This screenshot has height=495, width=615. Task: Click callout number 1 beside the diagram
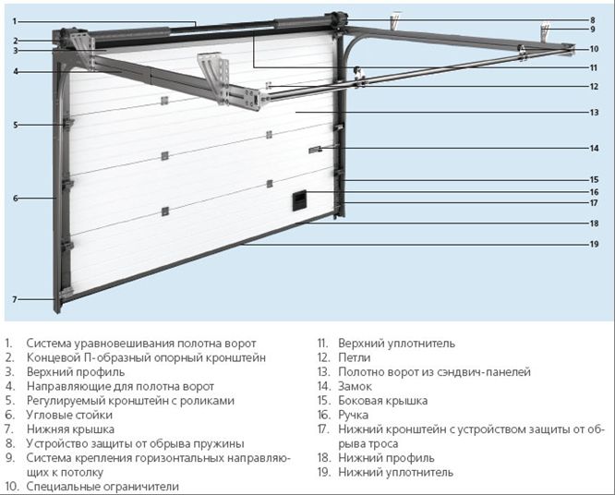(x=16, y=20)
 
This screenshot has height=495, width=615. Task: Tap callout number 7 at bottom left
(x=16, y=298)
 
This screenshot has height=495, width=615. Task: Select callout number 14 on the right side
(x=594, y=148)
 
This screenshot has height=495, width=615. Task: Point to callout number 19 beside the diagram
(x=594, y=244)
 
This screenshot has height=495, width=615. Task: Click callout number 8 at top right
(x=594, y=19)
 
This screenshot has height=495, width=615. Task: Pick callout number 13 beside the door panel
(x=594, y=113)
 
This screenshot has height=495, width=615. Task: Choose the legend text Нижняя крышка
(x=70, y=429)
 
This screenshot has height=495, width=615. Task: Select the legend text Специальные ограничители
(x=102, y=486)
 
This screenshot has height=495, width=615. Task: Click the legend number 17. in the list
(x=323, y=429)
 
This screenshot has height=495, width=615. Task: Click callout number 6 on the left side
(x=16, y=198)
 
